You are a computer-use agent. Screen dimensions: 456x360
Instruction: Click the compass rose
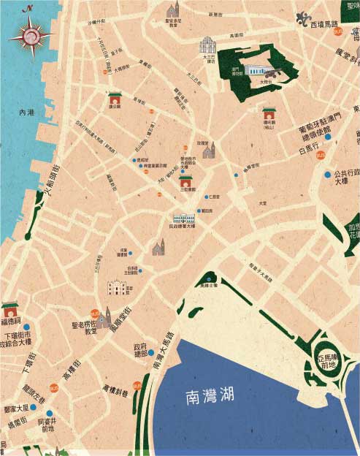[x=30, y=33]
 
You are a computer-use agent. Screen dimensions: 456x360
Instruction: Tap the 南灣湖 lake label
[x=209, y=397]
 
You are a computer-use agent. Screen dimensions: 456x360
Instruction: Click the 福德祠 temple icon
[x=9, y=308]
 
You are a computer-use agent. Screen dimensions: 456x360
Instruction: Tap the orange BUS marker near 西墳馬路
[x=337, y=31]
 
